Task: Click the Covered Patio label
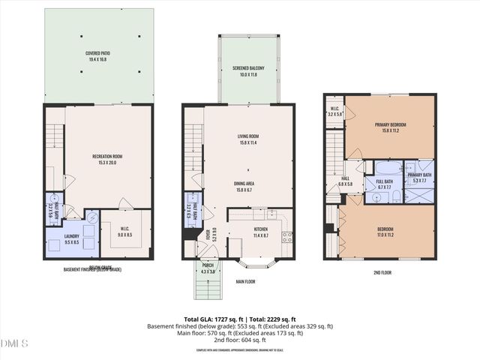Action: (98, 53)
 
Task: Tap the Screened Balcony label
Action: (248, 67)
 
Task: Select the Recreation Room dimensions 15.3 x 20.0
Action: (107, 162)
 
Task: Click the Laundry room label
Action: (72, 238)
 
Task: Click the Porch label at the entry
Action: (208, 268)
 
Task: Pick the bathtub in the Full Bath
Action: (387, 166)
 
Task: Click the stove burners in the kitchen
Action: (286, 237)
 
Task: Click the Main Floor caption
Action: (246, 282)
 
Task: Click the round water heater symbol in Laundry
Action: (91, 218)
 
